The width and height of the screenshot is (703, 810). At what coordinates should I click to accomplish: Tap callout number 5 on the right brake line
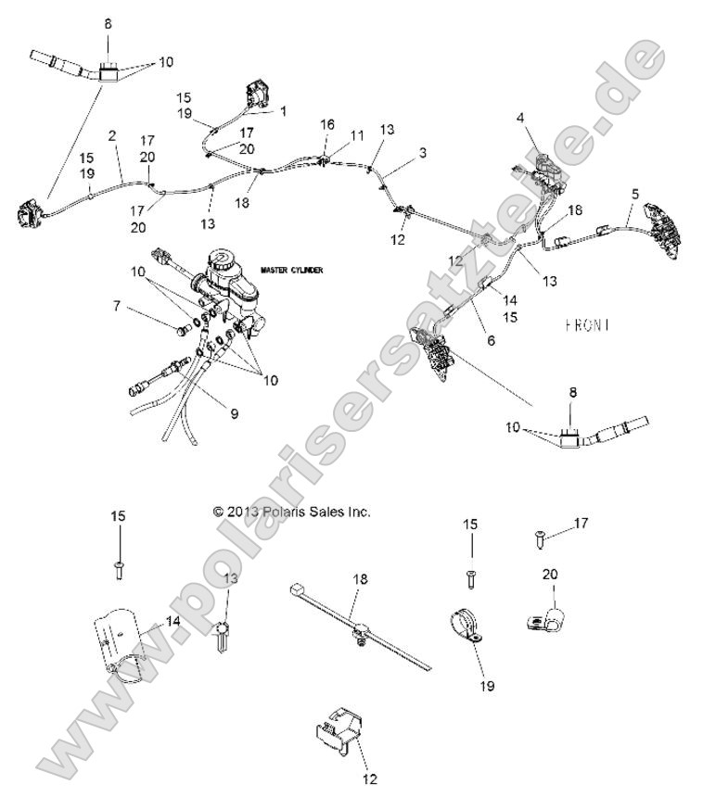634,194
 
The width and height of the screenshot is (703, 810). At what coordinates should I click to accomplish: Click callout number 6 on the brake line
492,340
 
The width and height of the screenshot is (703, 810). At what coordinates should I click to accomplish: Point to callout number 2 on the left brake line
112,135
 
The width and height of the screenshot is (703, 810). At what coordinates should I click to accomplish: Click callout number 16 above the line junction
326,123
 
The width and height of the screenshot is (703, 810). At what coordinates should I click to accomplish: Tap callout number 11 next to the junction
357,135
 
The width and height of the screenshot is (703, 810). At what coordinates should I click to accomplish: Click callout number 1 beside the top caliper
283,109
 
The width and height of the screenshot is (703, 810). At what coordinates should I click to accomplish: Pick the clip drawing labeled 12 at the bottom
337,732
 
